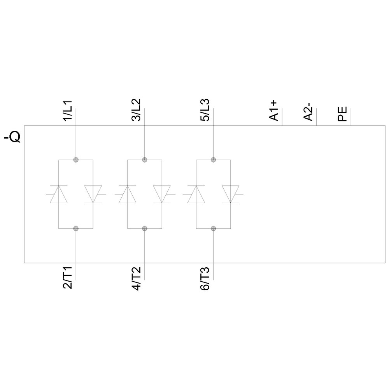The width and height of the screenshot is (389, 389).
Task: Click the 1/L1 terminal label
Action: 68,110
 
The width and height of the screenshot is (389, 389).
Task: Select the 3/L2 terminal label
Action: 136,110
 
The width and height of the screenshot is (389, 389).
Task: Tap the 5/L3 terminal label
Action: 205,110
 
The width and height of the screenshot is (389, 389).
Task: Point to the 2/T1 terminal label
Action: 68,278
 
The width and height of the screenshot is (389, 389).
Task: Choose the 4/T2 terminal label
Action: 136,279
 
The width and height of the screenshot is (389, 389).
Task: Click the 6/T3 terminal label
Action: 205,279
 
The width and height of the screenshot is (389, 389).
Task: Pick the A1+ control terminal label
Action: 273,110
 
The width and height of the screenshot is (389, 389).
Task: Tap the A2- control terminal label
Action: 308,111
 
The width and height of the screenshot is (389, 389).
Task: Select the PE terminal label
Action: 342,114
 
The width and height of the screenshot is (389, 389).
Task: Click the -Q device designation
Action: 12,137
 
